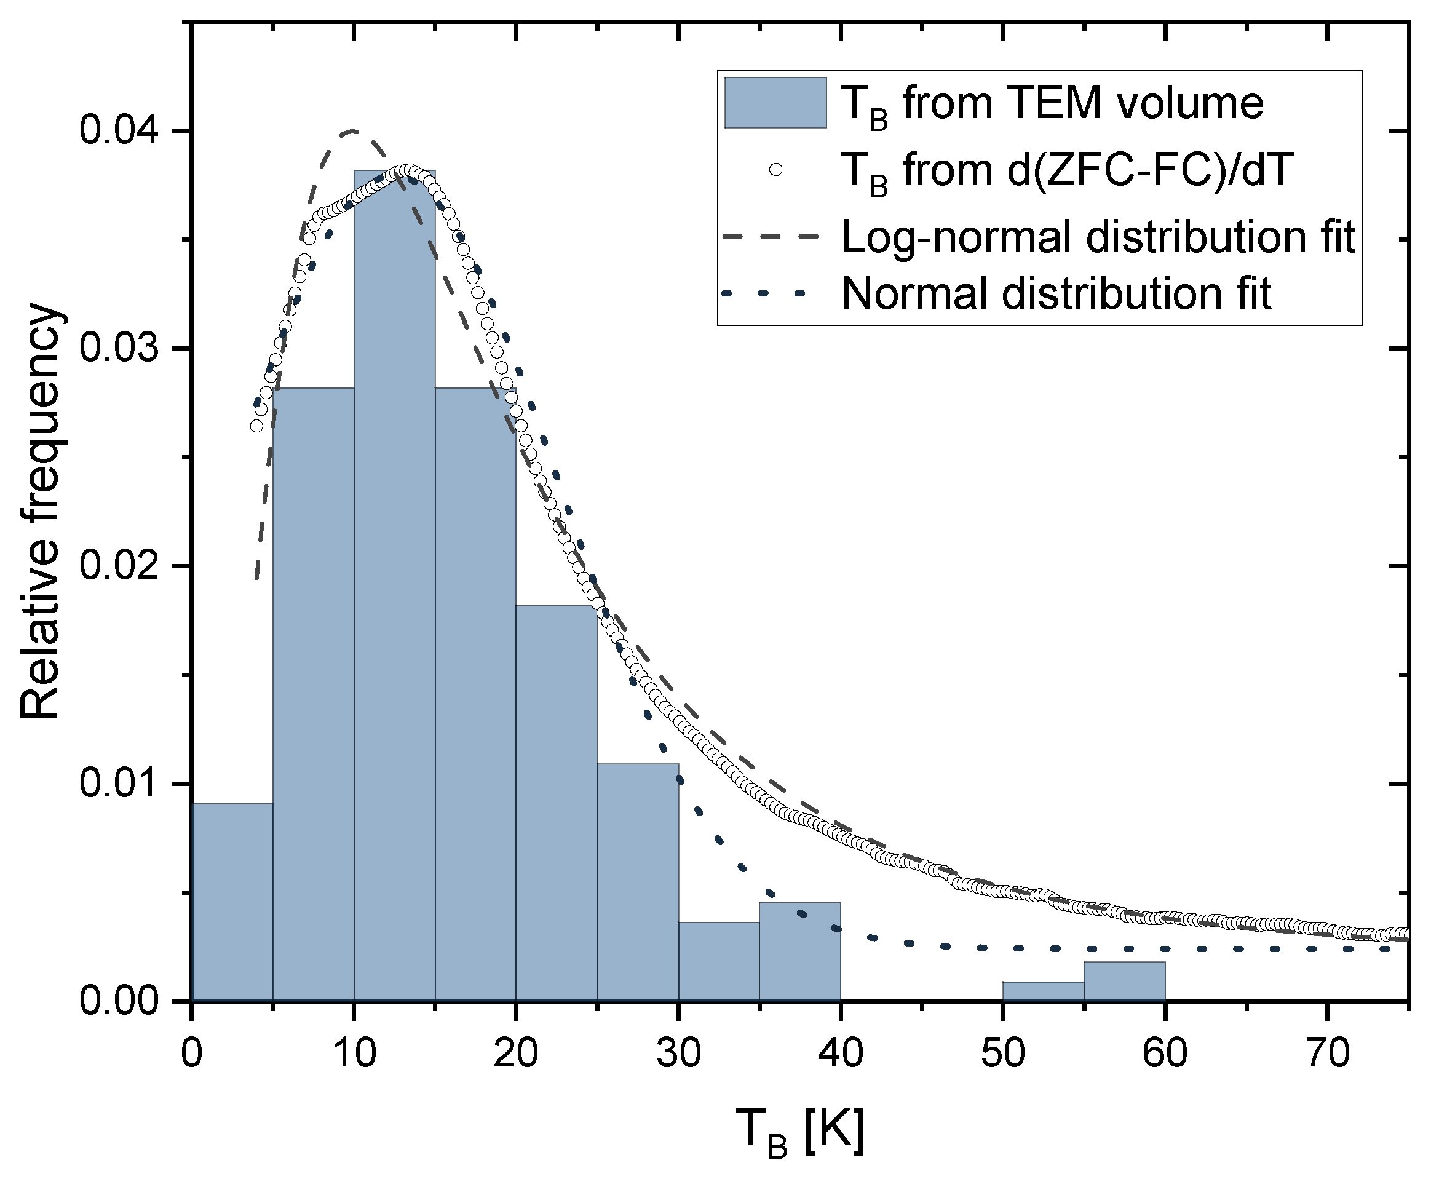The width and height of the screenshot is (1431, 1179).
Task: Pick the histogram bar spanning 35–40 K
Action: click(800, 951)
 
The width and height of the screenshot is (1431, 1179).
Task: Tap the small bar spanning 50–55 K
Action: click(1043, 991)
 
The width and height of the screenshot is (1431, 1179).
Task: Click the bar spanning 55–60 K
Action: click(1125, 982)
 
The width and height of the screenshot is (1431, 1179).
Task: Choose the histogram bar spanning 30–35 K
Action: click(719, 962)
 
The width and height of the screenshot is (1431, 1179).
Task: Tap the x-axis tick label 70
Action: click(1327, 1054)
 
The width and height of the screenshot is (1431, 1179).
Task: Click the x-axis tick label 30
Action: click(678, 1054)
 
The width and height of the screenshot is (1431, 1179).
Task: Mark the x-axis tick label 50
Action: click(1002, 1054)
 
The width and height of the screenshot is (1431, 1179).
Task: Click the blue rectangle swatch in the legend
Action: click(775, 103)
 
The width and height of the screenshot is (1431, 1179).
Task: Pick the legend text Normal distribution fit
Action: click(1056, 293)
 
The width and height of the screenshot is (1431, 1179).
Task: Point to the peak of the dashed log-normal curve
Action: click(352, 130)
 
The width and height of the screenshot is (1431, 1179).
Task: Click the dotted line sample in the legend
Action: click(764, 293)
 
